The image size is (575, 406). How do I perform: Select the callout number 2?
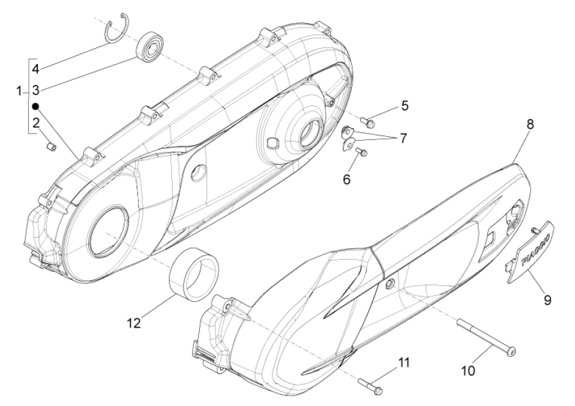tap(36, 122)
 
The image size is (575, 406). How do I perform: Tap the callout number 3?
tap(36, 90)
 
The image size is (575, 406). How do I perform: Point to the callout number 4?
tap(36, 68)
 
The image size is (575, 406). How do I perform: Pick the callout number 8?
tap(530, 126)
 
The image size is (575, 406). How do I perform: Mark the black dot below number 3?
tap(36, 106)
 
